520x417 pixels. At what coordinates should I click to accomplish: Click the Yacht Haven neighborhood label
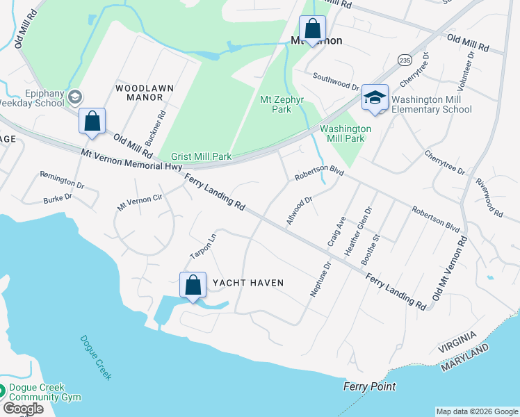(248, 283)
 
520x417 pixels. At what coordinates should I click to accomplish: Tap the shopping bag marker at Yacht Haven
(193, 286)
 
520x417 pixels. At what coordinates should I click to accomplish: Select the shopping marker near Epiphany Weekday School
(92, 122)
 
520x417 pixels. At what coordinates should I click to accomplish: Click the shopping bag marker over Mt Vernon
(312, 29)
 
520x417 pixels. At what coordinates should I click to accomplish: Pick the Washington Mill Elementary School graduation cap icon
(375, 99)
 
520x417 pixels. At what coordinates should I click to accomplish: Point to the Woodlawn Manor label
(144, 93)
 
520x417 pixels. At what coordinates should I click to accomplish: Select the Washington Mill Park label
(346, 133)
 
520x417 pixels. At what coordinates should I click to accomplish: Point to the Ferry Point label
(370, 386)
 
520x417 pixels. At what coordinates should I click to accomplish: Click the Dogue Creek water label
(96, 358)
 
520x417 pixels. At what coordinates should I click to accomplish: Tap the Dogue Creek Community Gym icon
(3, 392)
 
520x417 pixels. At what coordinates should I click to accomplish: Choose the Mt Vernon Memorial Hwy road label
(131, 160)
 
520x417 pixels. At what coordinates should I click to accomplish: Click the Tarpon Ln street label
(204, 245)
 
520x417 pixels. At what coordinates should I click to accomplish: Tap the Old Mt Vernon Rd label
(450, 268)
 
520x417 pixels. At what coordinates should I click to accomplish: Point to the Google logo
(23, 409)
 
